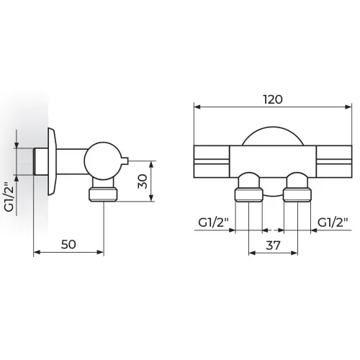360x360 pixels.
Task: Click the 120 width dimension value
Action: point(273,99)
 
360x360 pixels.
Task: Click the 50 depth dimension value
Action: point(68,245)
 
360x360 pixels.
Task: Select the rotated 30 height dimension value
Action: point(143,181)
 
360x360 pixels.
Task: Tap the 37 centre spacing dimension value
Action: point(273,246)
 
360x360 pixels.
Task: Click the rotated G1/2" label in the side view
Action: point(9,197)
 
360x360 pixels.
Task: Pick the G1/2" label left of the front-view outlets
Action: point(213,222)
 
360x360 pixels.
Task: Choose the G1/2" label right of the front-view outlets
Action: point(333,222)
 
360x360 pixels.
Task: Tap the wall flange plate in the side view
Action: point(53,161)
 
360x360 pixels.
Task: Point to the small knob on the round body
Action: point(125,161)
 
